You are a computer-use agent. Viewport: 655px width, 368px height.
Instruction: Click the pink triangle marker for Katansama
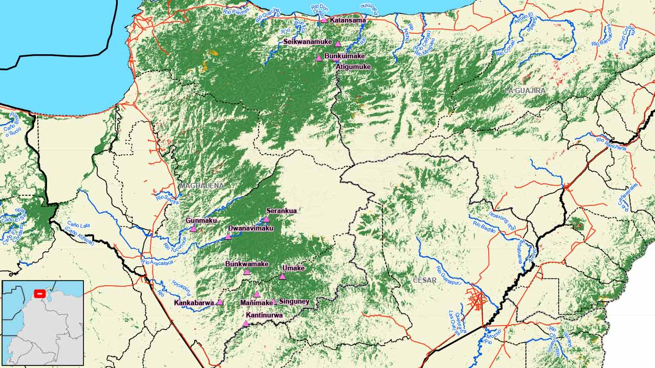(x=324, y=20)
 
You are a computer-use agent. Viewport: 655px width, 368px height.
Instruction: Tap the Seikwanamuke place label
(x=308, y=42)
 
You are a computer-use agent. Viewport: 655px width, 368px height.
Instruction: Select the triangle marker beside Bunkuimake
(x=319, y=58)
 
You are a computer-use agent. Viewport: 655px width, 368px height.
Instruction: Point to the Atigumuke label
(x=353, y=66)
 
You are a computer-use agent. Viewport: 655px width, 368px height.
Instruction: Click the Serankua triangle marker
(x=266, y=219)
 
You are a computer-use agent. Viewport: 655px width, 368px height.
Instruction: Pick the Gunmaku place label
(x=201, y=220)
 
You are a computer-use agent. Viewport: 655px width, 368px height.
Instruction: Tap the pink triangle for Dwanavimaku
(x=228, y=236)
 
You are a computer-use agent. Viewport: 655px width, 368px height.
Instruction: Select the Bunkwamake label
(x=247, y=264)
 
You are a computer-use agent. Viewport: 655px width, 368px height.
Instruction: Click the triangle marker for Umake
(x=282, y=276)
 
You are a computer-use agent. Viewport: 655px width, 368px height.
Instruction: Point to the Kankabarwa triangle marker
(x=220, y=302)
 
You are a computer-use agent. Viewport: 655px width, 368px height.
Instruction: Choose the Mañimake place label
(x=256, y=303)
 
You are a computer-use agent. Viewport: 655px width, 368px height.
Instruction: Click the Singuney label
(x=294, y=302)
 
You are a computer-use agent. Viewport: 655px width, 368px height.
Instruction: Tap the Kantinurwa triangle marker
(x=246, y=323)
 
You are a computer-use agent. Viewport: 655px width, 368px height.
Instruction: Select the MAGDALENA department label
(x=201, y=186)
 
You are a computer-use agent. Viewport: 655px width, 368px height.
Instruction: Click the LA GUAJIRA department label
(x=525, y=90)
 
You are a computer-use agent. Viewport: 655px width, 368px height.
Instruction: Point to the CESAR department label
(x=425, y=280)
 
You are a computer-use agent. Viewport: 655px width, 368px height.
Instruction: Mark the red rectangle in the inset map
(x=39, y=293)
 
